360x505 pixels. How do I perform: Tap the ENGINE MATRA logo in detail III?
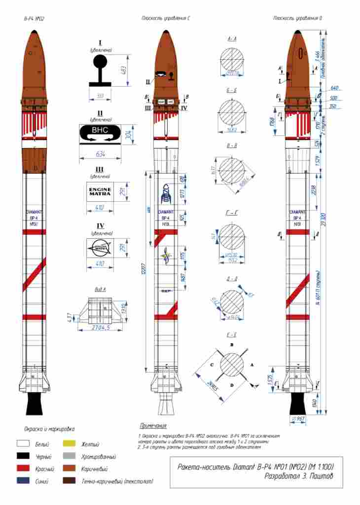pyautogui.click(x=100, y=191)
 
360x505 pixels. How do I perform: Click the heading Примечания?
pyautogui.click(x=153, y=426)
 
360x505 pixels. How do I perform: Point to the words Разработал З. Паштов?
pyautogui.click(x=299, y=476)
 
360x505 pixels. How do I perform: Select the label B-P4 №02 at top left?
pyautogui.click(x=34, y=19)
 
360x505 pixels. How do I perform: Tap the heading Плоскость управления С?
pyautogui.click(x=166, y=18)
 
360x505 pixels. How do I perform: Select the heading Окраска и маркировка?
pyautogui.click(x=49, y=429)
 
